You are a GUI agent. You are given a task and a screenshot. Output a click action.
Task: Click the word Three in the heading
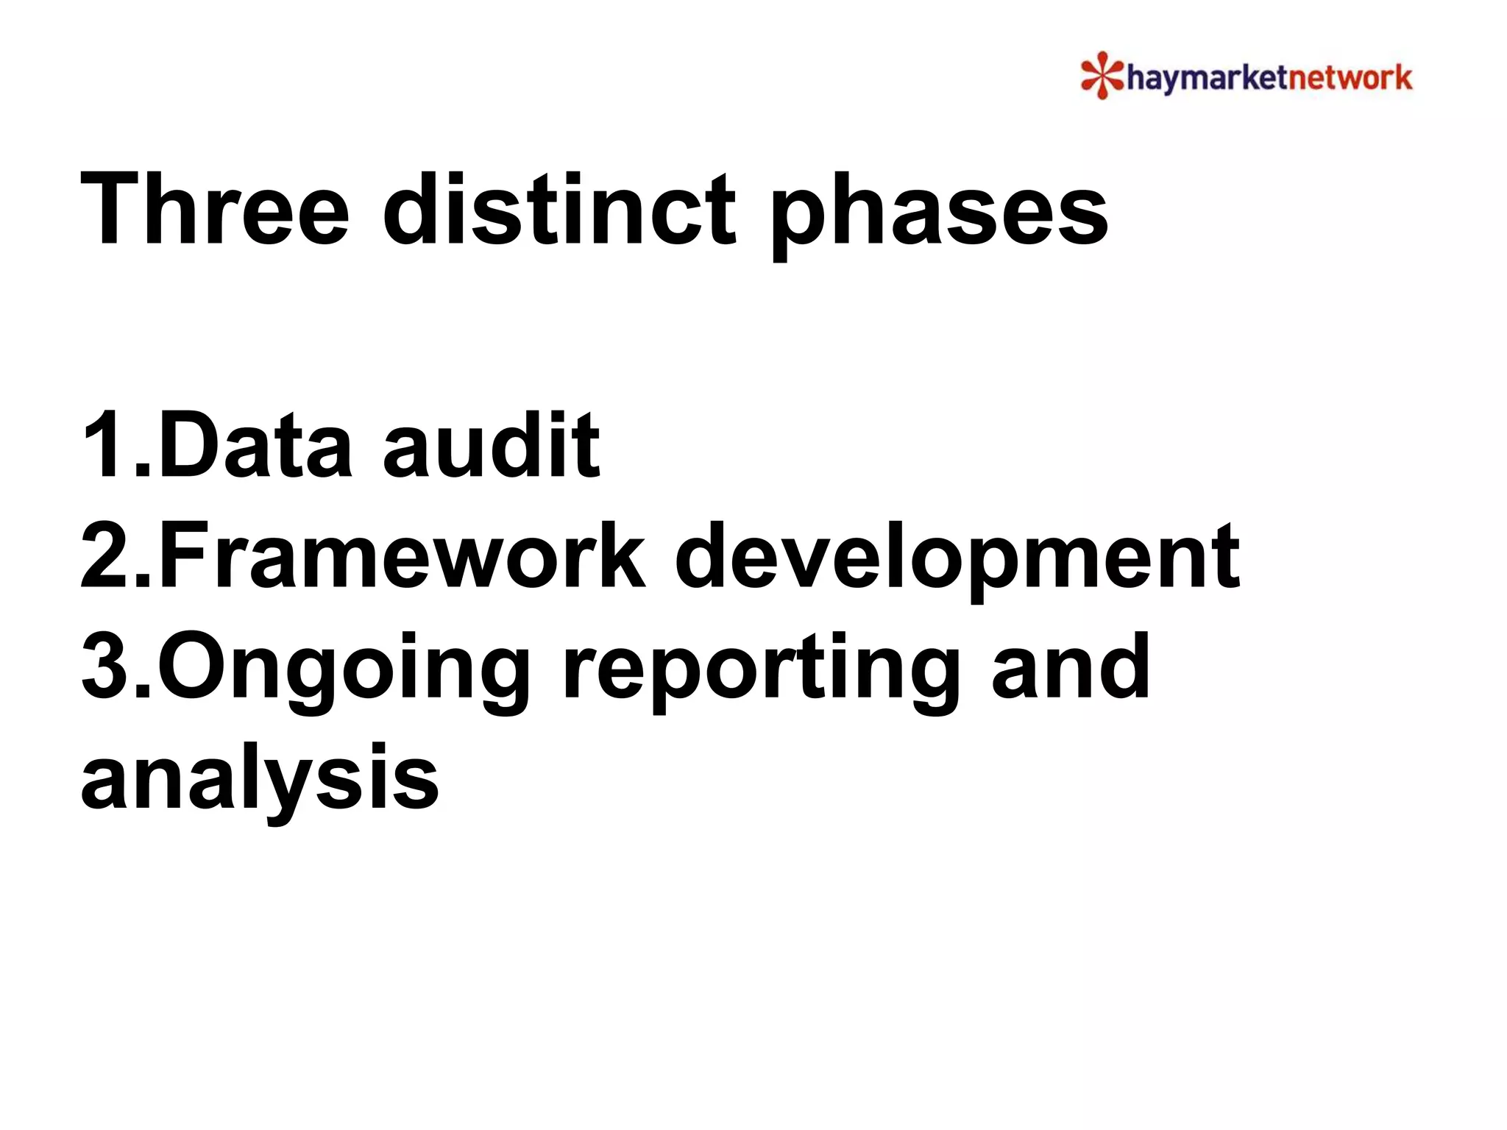coord(214,209)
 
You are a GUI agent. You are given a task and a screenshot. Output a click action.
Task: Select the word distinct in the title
coord(559,209)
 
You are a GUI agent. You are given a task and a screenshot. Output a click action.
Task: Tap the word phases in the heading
coord(939,213)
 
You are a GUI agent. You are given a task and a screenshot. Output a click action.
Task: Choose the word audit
coord(491,445)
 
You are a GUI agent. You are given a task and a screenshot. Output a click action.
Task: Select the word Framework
coord(402,555)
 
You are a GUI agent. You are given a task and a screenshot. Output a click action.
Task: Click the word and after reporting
coord(1071,667)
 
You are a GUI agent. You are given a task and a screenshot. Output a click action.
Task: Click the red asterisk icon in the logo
coord(1102,75)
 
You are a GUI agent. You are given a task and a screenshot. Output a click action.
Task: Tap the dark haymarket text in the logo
coord(1208,78)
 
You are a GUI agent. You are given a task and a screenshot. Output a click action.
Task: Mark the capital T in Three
coord(110,209)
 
